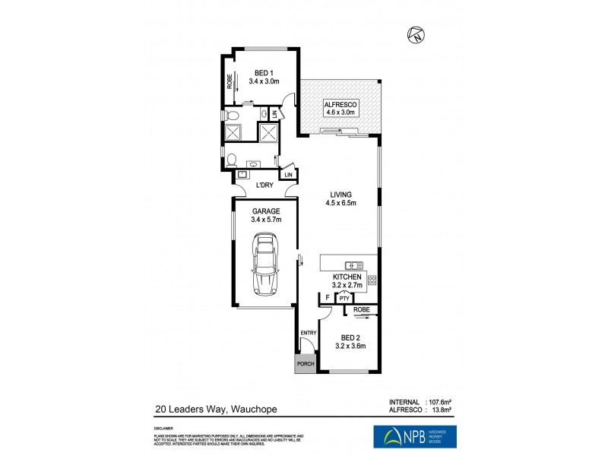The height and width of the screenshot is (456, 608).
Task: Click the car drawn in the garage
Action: (265, 264)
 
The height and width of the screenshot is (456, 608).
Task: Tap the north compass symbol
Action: (415, 34)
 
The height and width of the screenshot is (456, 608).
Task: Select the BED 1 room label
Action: (264, 72)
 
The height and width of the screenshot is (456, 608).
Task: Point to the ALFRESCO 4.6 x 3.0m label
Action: (340, 108)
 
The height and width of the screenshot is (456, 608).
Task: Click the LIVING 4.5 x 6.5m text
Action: (340, 198)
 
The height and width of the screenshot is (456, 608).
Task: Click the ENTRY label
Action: (308, 333)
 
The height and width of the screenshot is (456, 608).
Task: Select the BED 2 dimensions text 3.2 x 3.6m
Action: (350, 347)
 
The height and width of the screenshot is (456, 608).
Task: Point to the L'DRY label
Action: (264, 185)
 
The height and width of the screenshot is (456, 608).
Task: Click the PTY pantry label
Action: (344, 299)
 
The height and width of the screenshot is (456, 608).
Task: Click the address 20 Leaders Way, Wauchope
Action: (215, 408)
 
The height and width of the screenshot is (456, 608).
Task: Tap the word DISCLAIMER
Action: (164, 428)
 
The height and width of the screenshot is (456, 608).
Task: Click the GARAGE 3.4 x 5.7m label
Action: (266, 215)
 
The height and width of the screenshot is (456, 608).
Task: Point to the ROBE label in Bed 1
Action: (230, 81)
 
